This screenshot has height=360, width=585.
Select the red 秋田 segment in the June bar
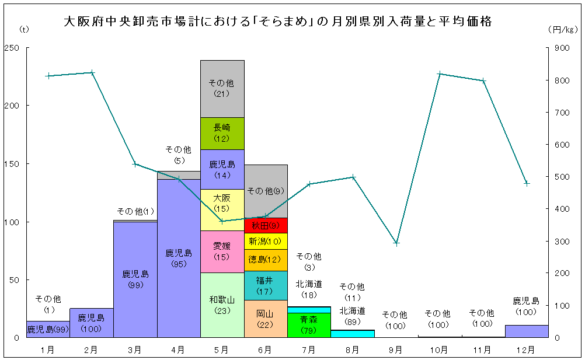pyautogui.click(x=266, y=225)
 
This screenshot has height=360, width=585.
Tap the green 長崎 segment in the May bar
pyautogui.click(x=222, y=133)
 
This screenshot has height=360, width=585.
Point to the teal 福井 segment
pyautogui.click(x=266, y=285)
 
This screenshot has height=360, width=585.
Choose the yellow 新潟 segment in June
pyautogui.click(x=266, y=241)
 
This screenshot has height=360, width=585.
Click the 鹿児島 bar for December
pyautogui.click(x=527, y=331)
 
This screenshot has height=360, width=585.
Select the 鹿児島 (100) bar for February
pyautogui.click(x=92, y=323)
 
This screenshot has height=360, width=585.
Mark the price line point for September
pyautogui.click(x=396, y=243)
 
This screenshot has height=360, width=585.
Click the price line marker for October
pyautogui.click(x=440, y=74)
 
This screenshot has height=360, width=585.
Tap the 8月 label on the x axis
pyautogui.click(x=352, y=349)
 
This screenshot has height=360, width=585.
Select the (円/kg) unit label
pyautogui.click(x=562, y=29)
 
